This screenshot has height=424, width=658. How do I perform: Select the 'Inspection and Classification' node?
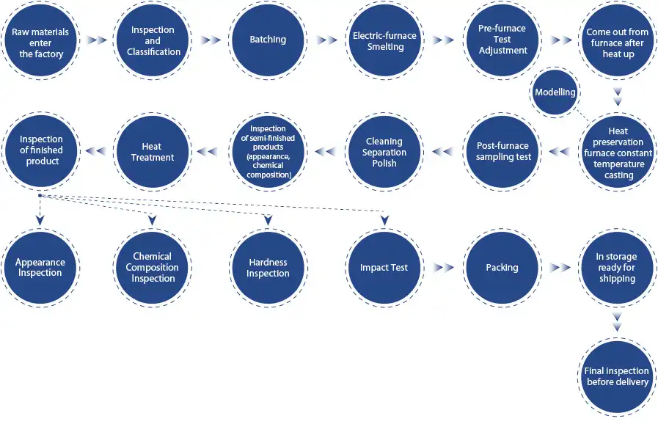point(153,41)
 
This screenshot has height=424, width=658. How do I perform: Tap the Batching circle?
point(268,40)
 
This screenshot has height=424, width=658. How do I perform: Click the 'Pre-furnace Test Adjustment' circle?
point(502,41)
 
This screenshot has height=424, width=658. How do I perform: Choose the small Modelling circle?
point(555,92)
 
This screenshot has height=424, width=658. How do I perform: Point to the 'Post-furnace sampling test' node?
point(502,152)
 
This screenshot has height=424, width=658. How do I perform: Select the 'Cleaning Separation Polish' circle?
point(384,152)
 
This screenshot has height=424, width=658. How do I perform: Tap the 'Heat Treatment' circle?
point(153,152)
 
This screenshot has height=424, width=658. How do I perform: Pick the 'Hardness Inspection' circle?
point(268,268)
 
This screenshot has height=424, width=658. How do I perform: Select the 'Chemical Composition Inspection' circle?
point(153,268)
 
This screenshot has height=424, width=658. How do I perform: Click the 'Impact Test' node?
point(384,268)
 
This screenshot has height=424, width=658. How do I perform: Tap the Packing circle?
point(502,268)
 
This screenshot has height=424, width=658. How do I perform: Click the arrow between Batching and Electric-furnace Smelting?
point(327,40)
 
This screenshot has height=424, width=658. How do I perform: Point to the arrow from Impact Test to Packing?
point(443,268)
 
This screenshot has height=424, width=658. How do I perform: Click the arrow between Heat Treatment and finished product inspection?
point(95,152)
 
